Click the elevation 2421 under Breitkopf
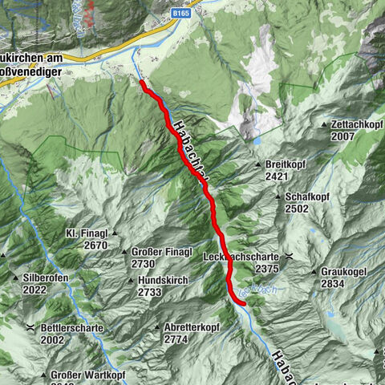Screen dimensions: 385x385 pyautogui.click(x=276, y=176)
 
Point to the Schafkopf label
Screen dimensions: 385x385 pyautogui.click(x=306, y=197)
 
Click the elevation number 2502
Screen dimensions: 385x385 pyautogui.click(x=296, y=209)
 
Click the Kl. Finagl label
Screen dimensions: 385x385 pyautogui.click(x=86, y=233)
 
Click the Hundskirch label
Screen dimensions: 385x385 pyautogui.click(x=163, y=281)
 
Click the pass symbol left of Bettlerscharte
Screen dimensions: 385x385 pyautogui.click(x=30, y=328)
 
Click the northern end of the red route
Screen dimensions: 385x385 pyautogui.click(x=142, y=82)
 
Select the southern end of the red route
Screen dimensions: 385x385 pyautogui.click(x=244, y=302)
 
